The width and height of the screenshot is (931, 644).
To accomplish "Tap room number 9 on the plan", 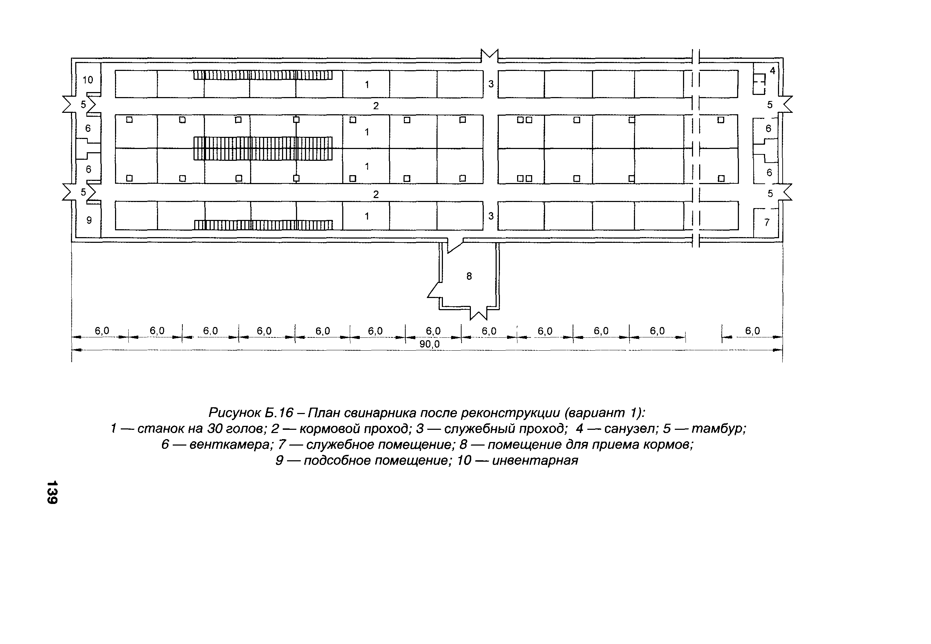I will [89, 220].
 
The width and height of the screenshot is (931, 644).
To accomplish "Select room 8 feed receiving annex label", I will [469, 277].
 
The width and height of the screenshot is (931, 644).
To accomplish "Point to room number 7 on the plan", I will [767, 222].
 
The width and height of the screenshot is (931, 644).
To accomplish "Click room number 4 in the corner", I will [772, 71].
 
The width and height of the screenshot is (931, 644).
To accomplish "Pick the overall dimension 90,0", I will [429, 344].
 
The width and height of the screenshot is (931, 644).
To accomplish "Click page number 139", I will [52, 492].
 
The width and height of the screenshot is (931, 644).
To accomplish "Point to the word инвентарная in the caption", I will [535, 460].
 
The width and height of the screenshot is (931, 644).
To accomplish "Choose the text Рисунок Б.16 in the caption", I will [250, 413].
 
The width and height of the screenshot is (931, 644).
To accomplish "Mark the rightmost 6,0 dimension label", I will [752, 331].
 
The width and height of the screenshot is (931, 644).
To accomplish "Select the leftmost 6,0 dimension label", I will [102, 331].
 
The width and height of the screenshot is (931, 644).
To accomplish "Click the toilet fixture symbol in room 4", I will [759, 84].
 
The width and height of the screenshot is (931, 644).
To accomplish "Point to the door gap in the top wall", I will [489, 58].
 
